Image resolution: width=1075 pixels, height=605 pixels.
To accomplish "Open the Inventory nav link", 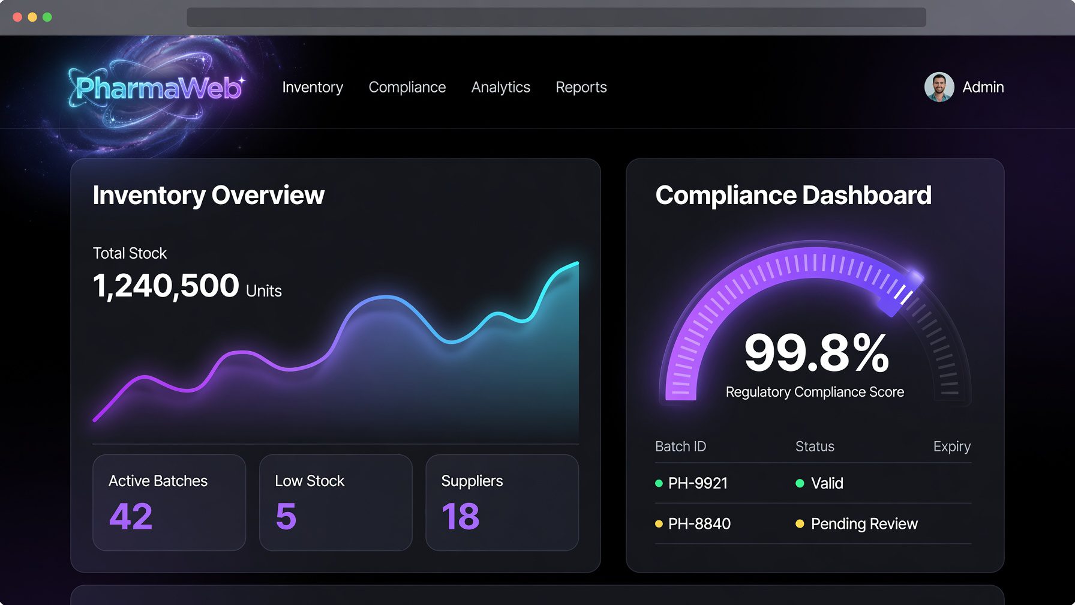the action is [x=313, y=88].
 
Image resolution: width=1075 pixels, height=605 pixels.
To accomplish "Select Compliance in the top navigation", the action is [x=407, y=88].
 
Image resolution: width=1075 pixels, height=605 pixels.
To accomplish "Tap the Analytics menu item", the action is [x=501, y=88].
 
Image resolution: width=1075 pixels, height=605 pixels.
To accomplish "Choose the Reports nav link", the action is [x=581, y=88].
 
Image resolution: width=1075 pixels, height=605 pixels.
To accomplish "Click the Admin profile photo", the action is [x=939, y=87].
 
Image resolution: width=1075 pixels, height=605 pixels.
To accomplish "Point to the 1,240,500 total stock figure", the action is [x=166, y=285].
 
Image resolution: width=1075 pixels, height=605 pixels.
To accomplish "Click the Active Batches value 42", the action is [x=131, y=516].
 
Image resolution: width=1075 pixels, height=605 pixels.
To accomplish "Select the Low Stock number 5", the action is [x=286, y=516].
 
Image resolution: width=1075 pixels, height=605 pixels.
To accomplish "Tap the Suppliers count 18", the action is [x=461, y=516].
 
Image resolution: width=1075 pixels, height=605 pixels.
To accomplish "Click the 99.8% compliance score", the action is [x=816, y=352].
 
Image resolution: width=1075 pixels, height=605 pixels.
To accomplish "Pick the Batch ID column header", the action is [x=680, y=447].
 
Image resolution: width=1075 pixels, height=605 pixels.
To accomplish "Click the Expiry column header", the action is [x=952, y=447].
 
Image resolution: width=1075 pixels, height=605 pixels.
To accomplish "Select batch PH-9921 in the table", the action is [x=698, y=483].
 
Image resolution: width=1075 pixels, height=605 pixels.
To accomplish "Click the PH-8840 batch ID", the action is [x=699, y=524].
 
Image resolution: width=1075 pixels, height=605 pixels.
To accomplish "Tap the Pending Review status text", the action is [x=864, y=524].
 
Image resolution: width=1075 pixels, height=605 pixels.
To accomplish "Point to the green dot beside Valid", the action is [x=800, y=483].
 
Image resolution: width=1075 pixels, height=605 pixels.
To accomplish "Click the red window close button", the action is [x=17, y=17].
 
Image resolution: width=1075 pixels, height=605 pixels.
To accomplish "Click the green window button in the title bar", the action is [x=47, y=17].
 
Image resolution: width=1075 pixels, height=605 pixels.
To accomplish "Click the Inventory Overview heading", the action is [x=209, y=196].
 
